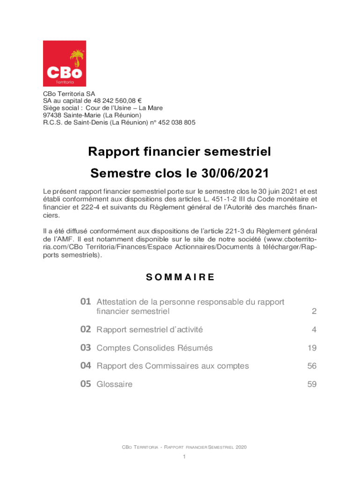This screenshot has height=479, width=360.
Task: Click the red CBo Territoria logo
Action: (x=65, y=63)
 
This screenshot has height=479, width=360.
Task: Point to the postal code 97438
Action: (x=52, y=115)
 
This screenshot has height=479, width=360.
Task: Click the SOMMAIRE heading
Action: (x=180, y=277)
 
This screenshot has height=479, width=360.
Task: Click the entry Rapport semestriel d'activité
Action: (x=150, y=330)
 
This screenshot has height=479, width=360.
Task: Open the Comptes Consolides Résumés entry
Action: (x=154, y=348)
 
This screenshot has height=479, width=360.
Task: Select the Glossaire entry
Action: (x=114, y=385)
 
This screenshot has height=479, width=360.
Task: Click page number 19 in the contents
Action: (x=312, y=348)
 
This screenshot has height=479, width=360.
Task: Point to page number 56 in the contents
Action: (x=312, y=366)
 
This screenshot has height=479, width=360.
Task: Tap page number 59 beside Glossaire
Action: (x=312, y=385)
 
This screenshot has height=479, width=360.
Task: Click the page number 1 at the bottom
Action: (x=185, y=457)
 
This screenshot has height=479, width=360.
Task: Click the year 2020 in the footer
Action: (x=241, y=447)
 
